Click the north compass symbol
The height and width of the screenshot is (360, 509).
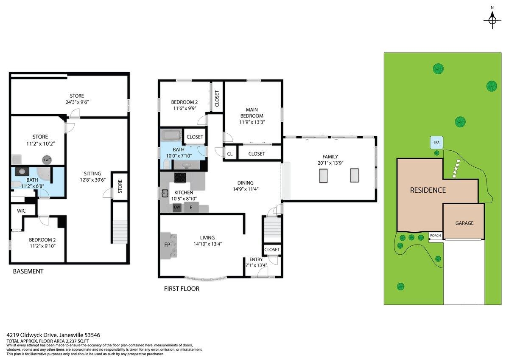(492, 20)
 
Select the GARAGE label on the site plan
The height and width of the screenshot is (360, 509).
(464, 223)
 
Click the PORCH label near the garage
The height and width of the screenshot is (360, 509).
(435, 236)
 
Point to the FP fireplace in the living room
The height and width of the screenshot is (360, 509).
(167, 245)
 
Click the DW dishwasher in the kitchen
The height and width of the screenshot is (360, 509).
(177, 208)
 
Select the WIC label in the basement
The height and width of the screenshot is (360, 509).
(22, 211)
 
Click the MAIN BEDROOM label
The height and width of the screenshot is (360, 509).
(252, 112)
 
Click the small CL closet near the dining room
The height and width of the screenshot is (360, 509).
(230, 154)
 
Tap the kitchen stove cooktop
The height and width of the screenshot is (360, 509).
(180, 177)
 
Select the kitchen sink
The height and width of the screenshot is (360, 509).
(165, 194)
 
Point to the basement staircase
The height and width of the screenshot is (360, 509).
(119, 232)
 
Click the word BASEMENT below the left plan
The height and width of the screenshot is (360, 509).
(28, 271)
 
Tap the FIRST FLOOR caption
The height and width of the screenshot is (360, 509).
(182, 289)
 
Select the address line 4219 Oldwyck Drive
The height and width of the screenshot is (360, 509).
(53, 335)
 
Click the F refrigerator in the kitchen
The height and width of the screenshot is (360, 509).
(191, 208)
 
